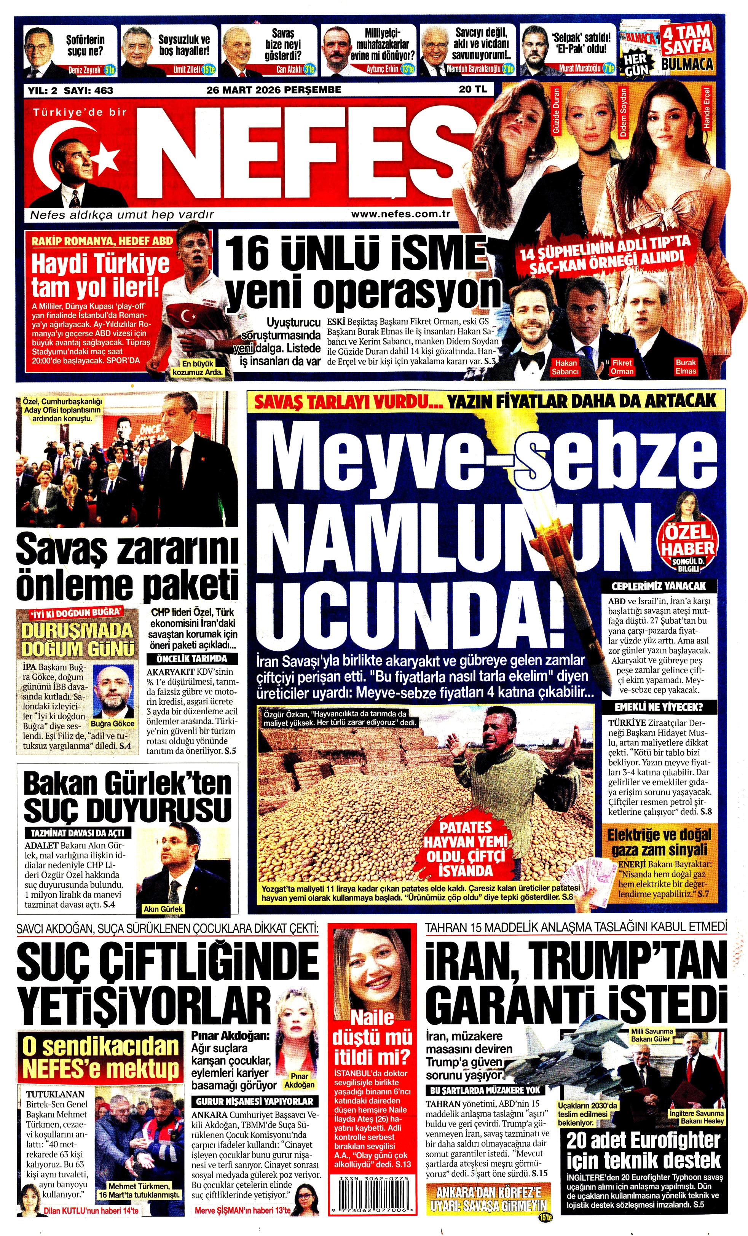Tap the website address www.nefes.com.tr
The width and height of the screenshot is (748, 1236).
(x=400, y=214)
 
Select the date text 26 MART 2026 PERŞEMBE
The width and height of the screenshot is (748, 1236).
(x=274, y=90)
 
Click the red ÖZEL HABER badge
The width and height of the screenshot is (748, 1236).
(x=689, y=541)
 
